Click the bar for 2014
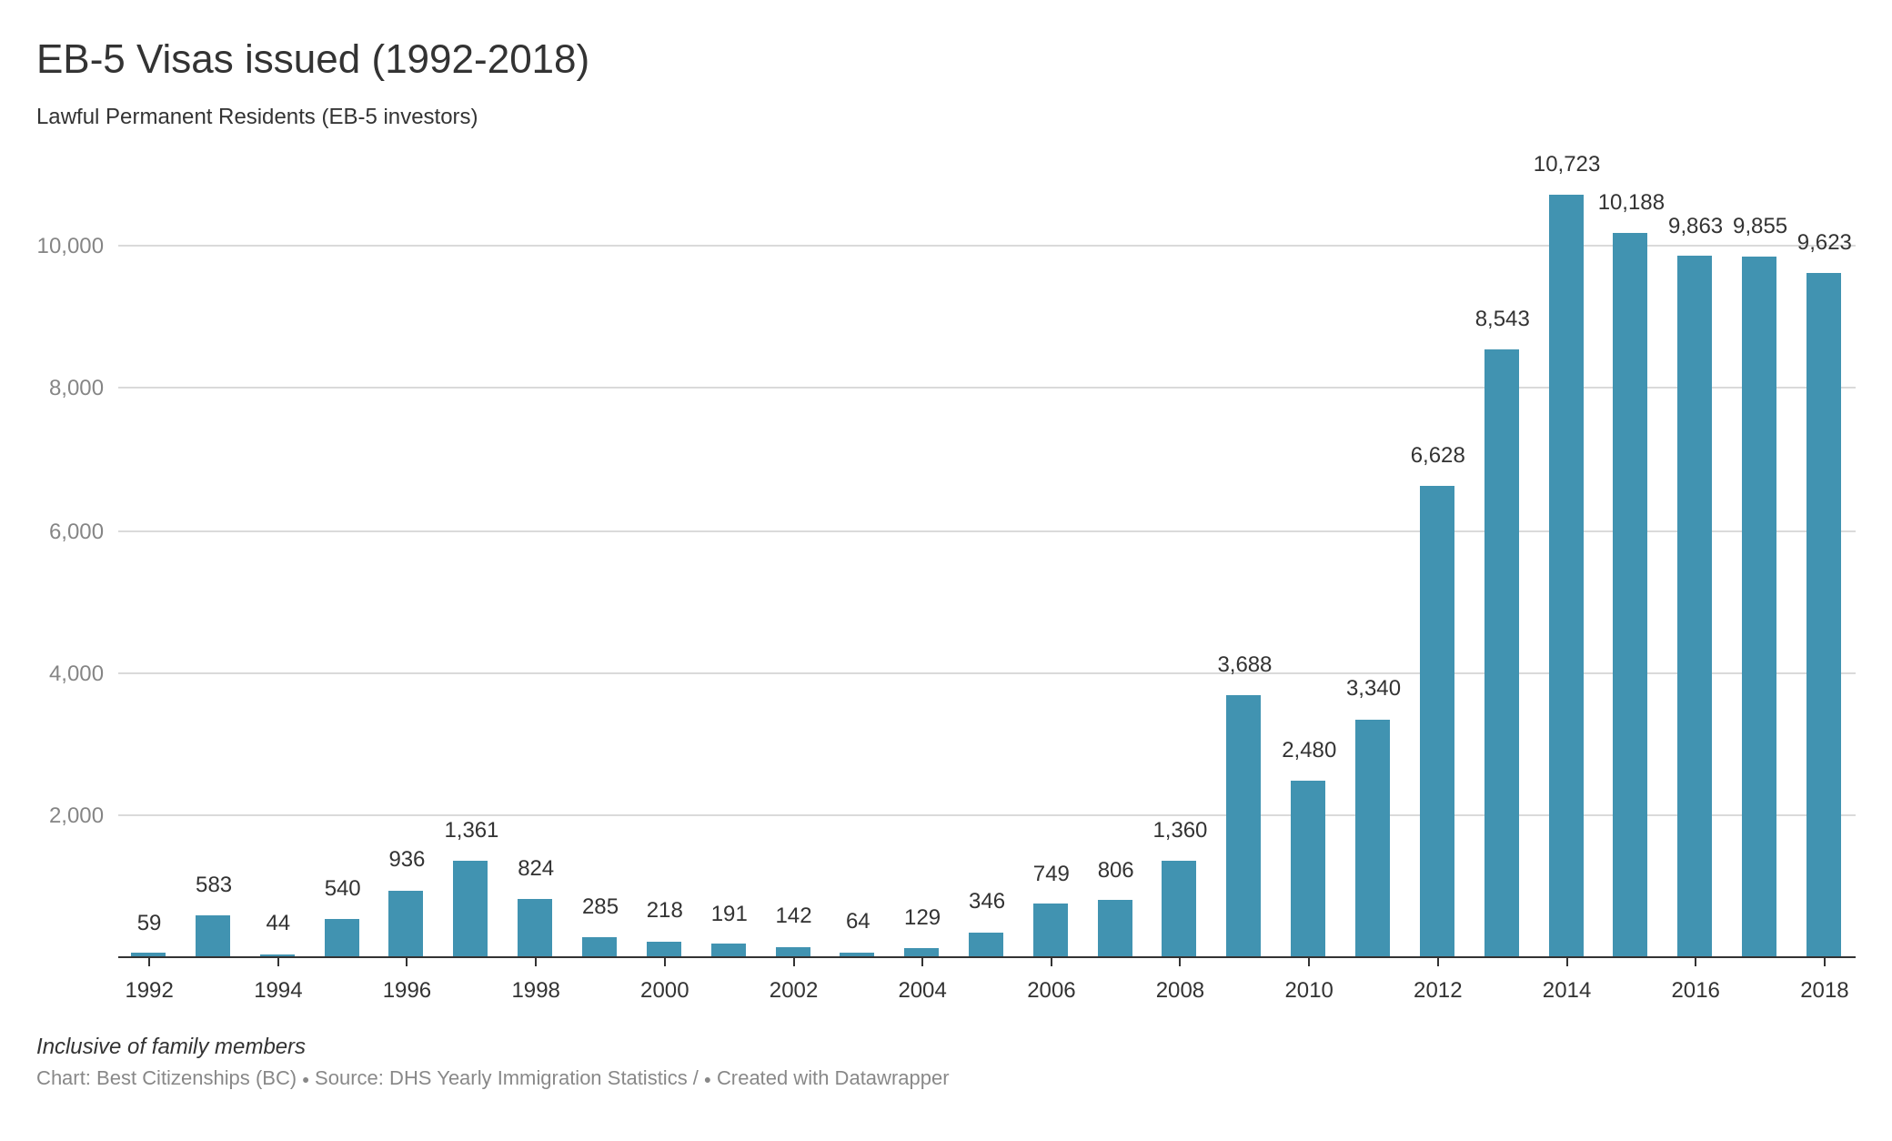pos(1565,575)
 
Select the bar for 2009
pos(1243,825)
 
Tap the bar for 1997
pos(470,908)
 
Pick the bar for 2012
pos(1437,721)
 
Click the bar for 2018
pos(1824,614)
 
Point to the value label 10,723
pos(1565,164)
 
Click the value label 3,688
pos(1243,664)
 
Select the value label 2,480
pos(1308,750)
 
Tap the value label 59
pos(149,923)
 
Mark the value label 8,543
pos(1502,318)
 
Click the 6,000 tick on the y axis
pos(76,531)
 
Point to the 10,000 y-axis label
pos(70,246)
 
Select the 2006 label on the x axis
pos(1051,990)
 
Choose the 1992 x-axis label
pos(149,990)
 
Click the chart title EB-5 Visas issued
pos(312,60)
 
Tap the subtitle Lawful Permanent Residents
pos(257,116)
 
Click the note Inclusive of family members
pos(170,1046)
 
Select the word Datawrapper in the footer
pos(891,1078)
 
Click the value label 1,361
pos(470,830)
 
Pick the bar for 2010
pos(1308,868)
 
